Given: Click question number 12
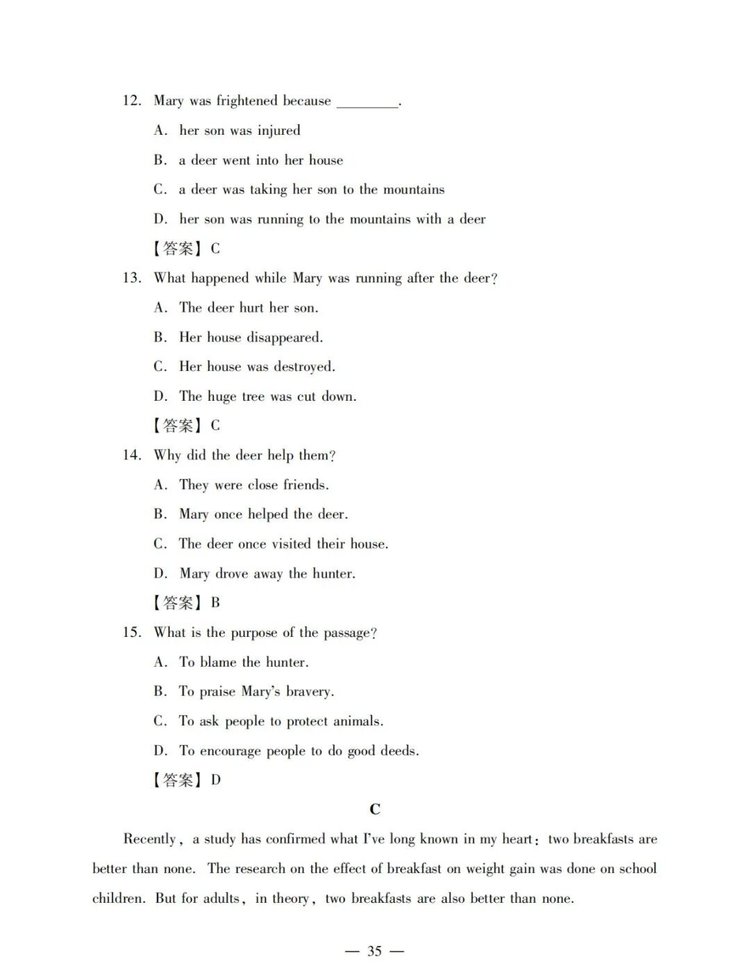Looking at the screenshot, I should pos(131,101).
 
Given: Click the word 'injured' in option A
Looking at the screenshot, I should pos(279,131).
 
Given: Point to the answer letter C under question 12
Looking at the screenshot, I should pos(215,249).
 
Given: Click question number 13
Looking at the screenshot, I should pos(131,278).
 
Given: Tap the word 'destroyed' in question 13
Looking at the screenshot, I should pos(304,367).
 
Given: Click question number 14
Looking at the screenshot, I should pos(131,455).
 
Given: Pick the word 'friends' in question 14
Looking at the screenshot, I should pos(305,485).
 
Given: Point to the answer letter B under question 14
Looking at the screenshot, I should pos(215,603).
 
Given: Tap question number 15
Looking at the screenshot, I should pos(131,632).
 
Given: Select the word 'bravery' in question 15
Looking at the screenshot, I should pos(309,692).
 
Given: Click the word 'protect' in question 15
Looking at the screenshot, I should pos(308,722).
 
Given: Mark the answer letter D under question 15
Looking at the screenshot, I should pos(216,780).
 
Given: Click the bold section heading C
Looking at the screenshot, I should pos(375,809).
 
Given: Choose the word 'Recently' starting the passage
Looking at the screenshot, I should pos(151,839).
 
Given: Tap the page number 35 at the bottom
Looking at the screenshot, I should pos(374,951).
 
